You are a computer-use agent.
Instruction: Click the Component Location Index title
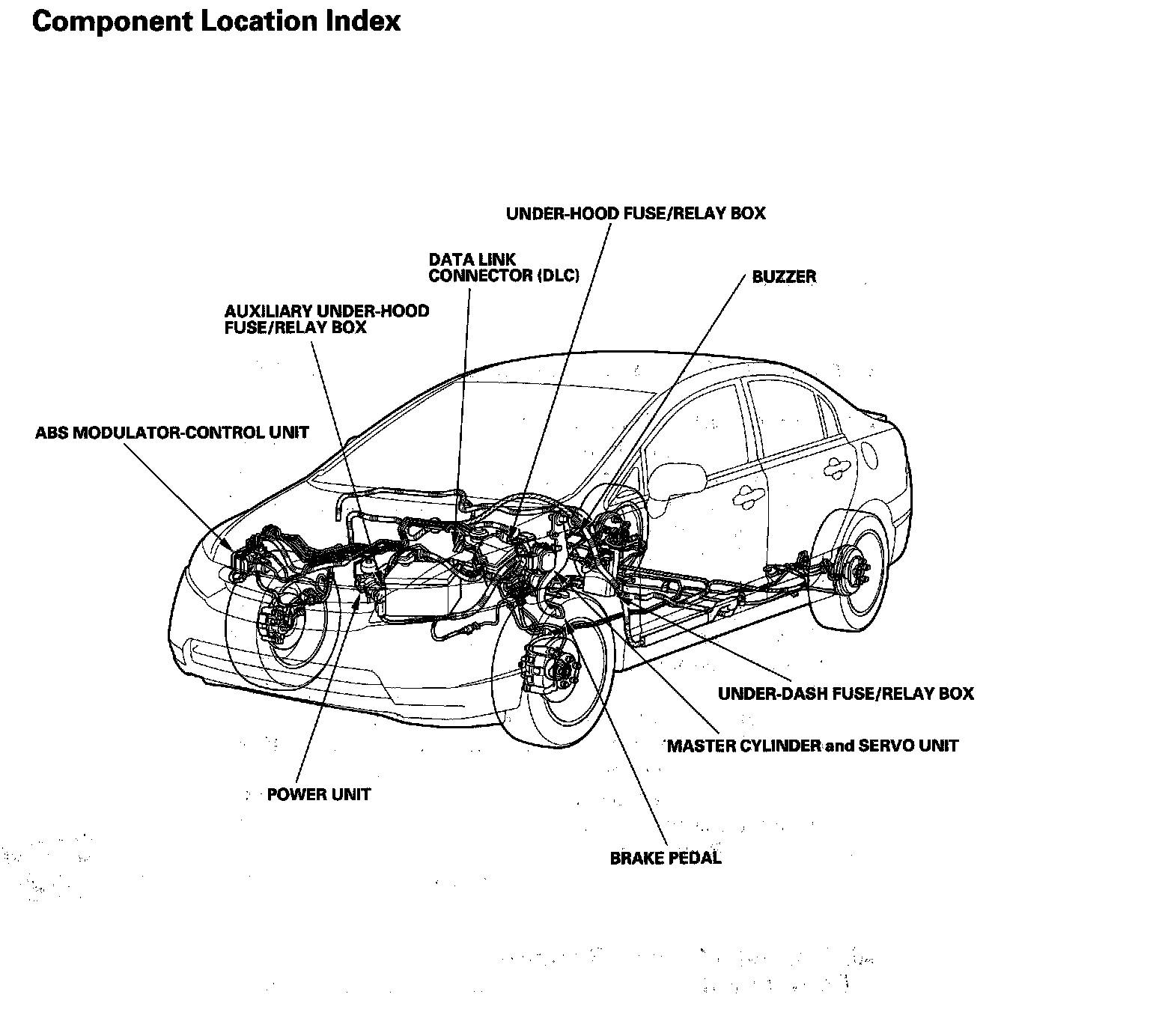coord(216,21)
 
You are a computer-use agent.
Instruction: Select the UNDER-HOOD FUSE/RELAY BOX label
coord(636,213)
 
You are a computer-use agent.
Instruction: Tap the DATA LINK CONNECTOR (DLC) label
coord(504,267)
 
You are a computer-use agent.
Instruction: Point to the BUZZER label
coord(784,276)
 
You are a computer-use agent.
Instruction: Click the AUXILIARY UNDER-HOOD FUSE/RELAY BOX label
coord(326,319)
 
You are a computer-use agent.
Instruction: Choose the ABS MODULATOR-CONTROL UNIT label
coord(171,433)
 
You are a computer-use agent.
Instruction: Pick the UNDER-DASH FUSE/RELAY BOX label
coord(845,693)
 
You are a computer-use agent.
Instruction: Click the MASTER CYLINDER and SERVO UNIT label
coord(812,746)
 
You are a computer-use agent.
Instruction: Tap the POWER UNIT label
coord(318,794)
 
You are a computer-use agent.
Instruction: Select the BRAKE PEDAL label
coord(666,858)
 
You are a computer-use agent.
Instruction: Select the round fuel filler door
coord(870,454)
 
